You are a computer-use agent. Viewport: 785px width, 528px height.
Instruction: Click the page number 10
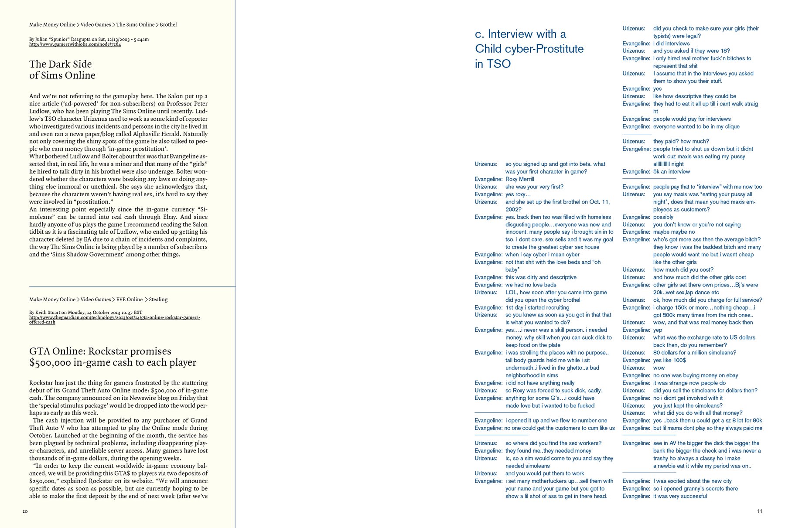[x=25, y=511]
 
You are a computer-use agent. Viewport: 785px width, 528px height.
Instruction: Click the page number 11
[x=759, y=511]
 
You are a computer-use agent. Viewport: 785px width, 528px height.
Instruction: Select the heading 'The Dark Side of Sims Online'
[x=62, y=70]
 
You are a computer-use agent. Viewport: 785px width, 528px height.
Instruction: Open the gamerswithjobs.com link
[x=75, y=44]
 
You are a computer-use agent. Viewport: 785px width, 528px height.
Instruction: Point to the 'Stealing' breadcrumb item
[x=158, y=300]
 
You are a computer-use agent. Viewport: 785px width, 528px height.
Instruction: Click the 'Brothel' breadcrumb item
[x=168, y=25]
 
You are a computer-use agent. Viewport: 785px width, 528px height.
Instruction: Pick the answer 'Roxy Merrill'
[x=520, y=179]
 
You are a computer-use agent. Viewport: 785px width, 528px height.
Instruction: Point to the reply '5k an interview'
[x=672, y=172]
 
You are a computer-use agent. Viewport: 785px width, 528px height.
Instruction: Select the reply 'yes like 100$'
[x=669, y=360]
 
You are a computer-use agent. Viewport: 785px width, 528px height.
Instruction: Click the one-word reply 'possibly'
[x=663, y=217]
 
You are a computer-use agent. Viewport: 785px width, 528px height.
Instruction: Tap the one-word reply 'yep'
[x=658, y=330]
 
